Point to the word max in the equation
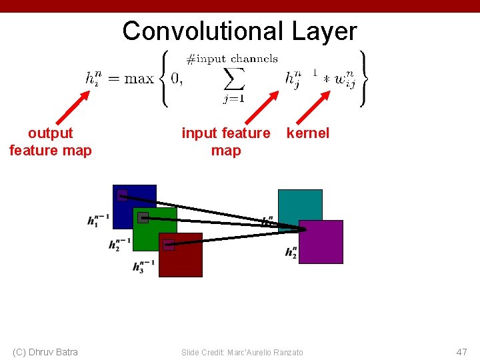(x=139, y=79)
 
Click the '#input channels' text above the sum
(x=231, y=59)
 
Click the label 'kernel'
(x=307, y=133)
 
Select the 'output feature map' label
(x=51, y=141)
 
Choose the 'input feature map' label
(x=226, y=141)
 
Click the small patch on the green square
(x=143, y=217)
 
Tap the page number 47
(x=461, y=351)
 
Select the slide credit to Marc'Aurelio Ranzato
(x=242, y=352)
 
